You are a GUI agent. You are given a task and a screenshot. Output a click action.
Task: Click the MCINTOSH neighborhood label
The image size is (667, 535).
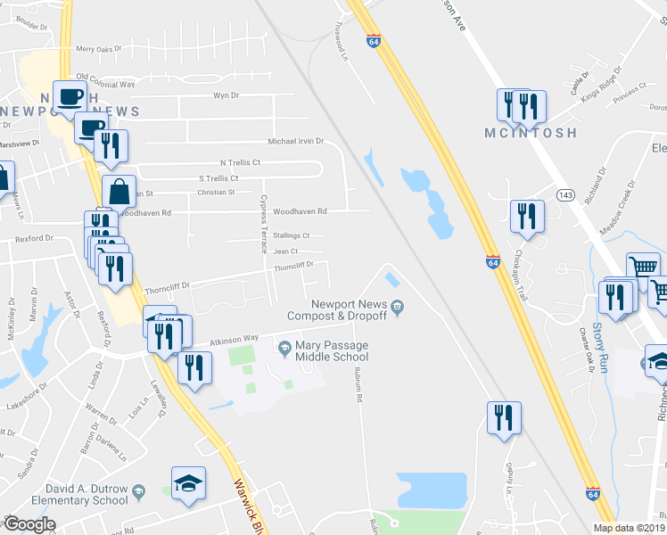530,133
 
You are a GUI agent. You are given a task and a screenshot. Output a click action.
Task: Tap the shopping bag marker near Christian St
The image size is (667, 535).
119,191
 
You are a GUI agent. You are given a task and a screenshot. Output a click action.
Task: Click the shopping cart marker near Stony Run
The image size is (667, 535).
642,267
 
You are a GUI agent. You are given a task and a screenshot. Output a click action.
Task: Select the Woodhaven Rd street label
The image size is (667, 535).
301,212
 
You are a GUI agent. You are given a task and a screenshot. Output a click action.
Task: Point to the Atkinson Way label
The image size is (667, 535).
234,339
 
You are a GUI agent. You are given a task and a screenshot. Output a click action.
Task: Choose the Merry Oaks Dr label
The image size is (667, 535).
98,49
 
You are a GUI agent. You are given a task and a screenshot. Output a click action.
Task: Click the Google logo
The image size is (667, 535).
29,524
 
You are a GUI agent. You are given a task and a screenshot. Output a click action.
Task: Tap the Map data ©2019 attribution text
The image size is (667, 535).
629,528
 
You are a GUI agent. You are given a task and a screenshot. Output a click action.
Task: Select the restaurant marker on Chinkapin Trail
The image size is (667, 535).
526,216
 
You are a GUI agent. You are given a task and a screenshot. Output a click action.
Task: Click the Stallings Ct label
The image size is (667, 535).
292,236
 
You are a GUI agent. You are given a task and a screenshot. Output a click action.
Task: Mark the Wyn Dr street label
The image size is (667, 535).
226,95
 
